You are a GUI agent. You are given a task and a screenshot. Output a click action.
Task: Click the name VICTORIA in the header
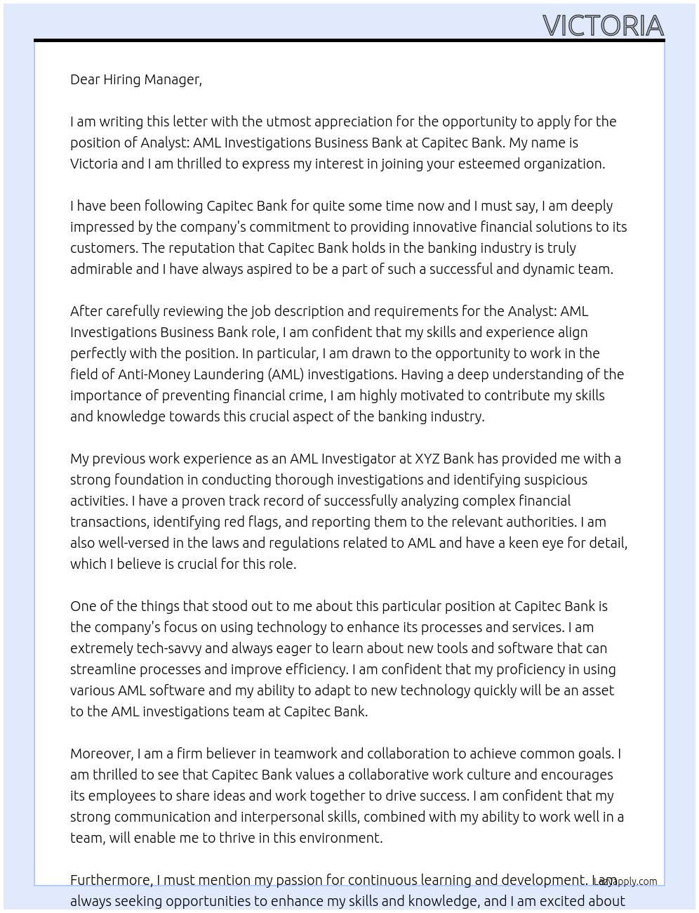pos(603,26)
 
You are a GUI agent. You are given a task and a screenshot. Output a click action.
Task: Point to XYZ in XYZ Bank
pos(427,459)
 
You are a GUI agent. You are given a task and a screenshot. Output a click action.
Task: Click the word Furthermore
pos(111,880)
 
